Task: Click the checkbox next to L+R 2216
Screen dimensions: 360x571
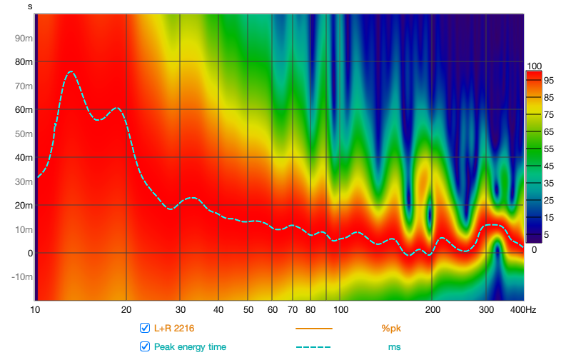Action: click(x=145, y=329)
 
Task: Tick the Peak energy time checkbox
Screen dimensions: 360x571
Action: click(x=145, y=347)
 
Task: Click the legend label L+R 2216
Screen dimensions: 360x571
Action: click(x=174, y=329)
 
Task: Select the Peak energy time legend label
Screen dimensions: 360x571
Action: click(x=190, y=347)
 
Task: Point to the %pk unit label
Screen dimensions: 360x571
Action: click(x=391, y=329)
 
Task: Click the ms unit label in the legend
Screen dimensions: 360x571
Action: click(x=394, y=347)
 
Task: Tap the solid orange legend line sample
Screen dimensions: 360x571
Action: click(x=314, y=329)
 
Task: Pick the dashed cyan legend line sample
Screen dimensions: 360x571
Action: click(x=314, y=347)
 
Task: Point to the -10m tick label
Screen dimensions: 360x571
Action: click(x=23, y=277)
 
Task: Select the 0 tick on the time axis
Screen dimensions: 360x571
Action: click(x=30, y=253)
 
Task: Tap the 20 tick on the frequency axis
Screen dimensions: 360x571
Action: click(x=126, y=310)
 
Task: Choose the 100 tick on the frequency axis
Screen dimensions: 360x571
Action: click(x=341, y=310)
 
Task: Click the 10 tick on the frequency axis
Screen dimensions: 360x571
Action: click(x=35, y=310)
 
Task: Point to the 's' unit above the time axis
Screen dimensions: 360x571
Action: click(x=30, y=6)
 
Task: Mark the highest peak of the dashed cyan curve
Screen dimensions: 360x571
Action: click(x=70, y=71)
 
